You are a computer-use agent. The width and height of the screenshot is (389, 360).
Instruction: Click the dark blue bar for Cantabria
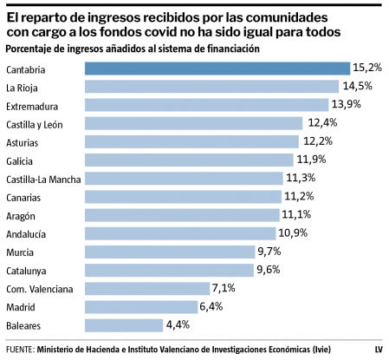point(217,68)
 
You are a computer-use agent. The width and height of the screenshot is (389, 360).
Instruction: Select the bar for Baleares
point(123,325)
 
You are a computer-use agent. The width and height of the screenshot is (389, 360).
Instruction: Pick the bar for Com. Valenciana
point(146,288)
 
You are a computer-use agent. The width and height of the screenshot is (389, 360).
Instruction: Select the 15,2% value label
point(367,68)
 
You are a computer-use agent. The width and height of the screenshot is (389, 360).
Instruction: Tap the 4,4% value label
point(178,325)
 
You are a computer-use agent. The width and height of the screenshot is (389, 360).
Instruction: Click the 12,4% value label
point(320,123)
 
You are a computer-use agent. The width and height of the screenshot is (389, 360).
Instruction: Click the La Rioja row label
point(22,87)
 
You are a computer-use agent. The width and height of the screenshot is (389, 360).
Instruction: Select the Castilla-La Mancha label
point(43,179)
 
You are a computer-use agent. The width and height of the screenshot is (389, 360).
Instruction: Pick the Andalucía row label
point(27,233)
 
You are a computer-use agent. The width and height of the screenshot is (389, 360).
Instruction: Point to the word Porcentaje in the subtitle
point(30,49)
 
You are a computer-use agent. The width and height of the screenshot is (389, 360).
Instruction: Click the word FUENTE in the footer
point(19,349)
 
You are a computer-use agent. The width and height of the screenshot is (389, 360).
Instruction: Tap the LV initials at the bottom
point(378,349)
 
